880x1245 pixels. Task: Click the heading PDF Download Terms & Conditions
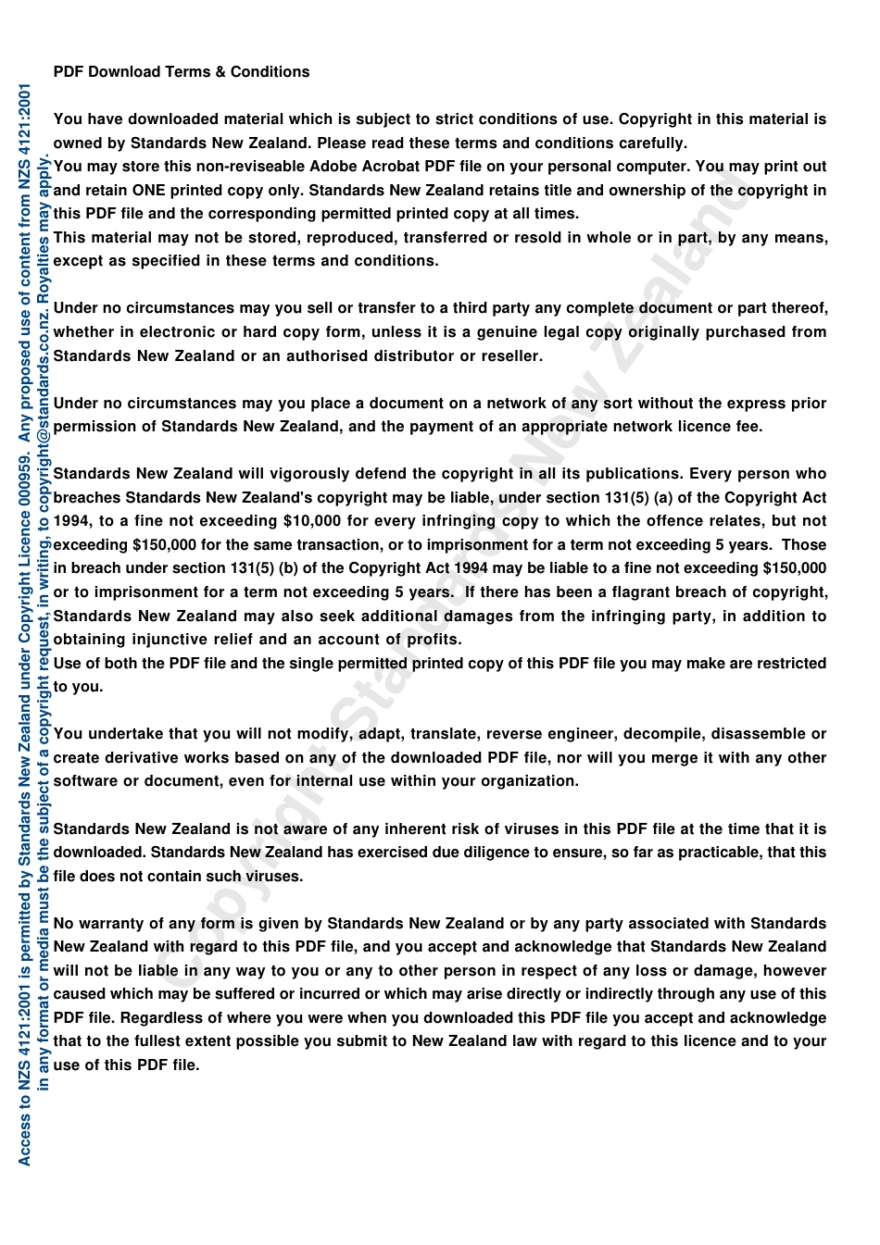click(x=182, y=72)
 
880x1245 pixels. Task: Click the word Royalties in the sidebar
click(x=44, y=260)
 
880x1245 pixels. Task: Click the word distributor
click(x=413, y=356)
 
